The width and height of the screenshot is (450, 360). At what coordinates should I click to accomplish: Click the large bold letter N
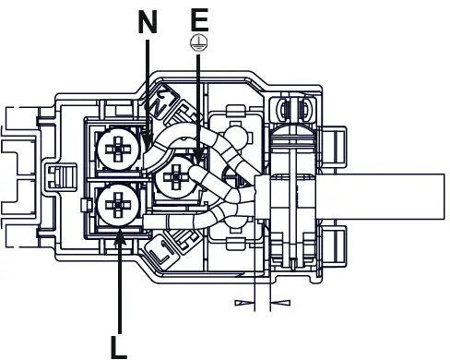point(148,22)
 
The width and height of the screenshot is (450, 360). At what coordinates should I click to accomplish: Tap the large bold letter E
point(199,20)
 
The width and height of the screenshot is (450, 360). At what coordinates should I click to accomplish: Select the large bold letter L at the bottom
point(119,347)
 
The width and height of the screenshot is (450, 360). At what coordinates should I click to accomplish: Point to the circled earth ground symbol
point(199,42)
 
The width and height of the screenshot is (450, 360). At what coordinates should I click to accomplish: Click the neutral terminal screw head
point(118,150)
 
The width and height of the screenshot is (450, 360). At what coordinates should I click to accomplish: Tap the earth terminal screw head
point(176,177)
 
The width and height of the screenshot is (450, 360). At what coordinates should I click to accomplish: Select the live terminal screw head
point(118,205)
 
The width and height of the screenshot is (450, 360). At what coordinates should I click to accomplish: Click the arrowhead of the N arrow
point(148,140)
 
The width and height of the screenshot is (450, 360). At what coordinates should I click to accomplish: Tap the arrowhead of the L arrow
point(119,237)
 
